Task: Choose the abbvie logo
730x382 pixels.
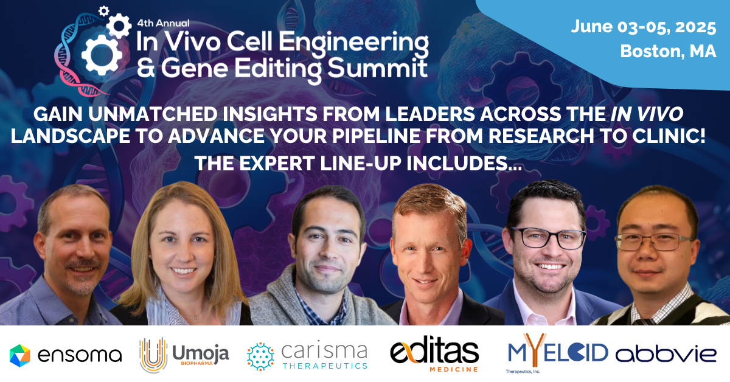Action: (x=666, y=354)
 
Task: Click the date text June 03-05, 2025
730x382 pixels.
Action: (x=644, y=27)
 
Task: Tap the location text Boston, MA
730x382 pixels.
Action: (x=668, y=52)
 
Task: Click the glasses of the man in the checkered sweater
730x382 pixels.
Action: (x=654, y=241)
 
